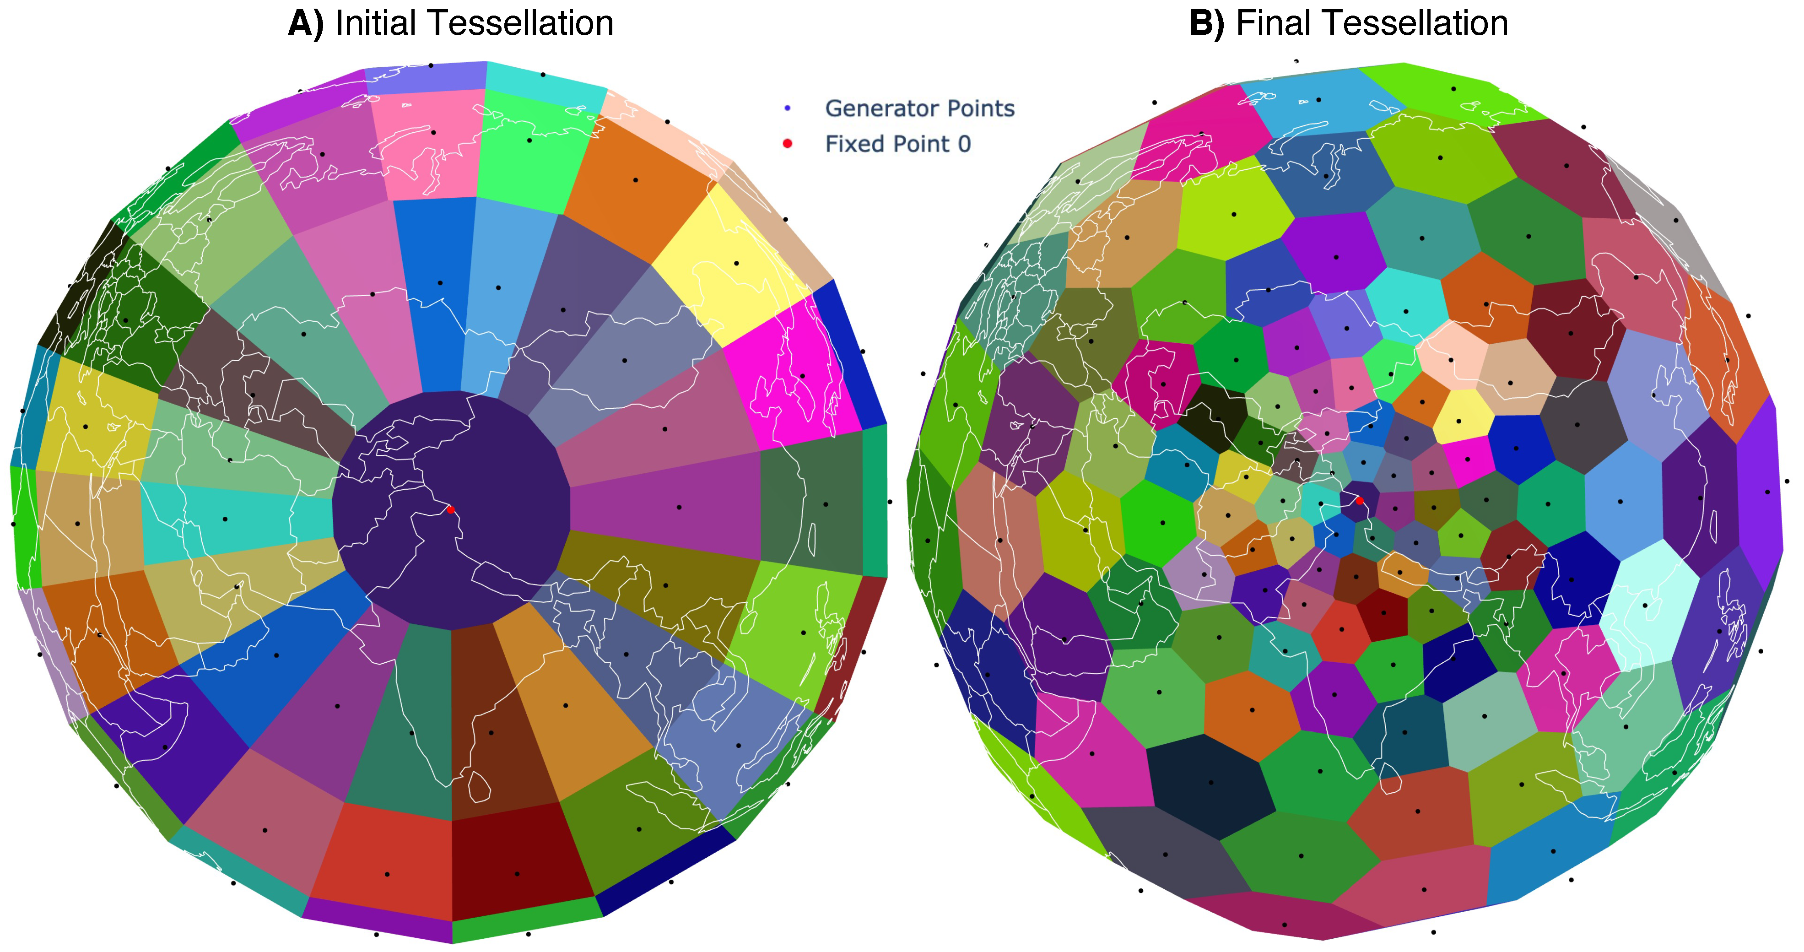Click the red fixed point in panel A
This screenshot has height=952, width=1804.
click(450, 510)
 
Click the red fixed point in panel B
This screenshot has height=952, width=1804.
click(1359, 501)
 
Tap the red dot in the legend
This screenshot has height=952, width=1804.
click(787, 144)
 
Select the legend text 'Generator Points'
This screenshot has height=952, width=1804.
click(919, 108)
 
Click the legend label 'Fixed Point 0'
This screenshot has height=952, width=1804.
click(898, 144)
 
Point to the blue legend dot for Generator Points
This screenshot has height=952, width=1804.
click(787, 108)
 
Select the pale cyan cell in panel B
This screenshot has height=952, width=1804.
click(1646, 602)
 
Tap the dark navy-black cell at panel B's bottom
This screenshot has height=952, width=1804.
click(1208, 781)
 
